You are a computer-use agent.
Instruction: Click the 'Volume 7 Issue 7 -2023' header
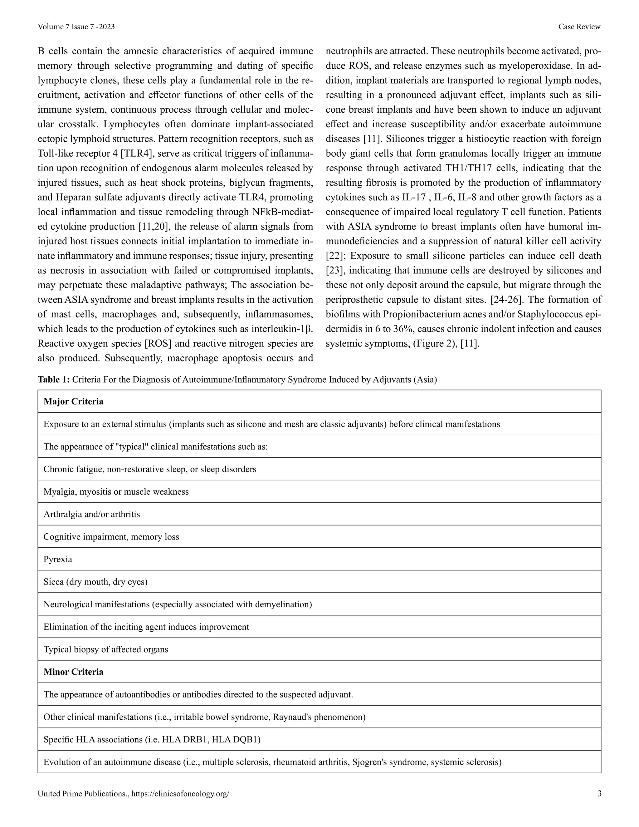point(76,27)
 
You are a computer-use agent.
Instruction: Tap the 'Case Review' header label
point(579,27)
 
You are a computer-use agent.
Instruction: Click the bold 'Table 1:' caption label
point(53,379)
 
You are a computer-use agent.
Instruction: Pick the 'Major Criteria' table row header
point(73,401)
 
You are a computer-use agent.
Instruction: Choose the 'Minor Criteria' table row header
point(73,672)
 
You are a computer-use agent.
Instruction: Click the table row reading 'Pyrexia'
point(58,559)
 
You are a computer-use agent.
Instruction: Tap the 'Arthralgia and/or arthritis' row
point(92,514)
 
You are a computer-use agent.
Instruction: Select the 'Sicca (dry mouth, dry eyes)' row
point(95,582)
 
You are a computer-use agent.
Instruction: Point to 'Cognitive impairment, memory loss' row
point(111,536)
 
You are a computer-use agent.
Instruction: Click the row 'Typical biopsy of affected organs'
point(106,649)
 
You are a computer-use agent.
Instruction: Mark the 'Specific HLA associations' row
point(152,740)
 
